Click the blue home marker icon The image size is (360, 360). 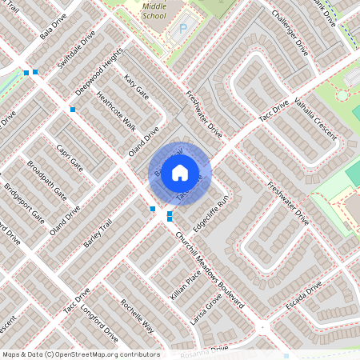pos(180,172)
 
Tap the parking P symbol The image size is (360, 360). pos(182,29)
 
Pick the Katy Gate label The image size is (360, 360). pos(137,87)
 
